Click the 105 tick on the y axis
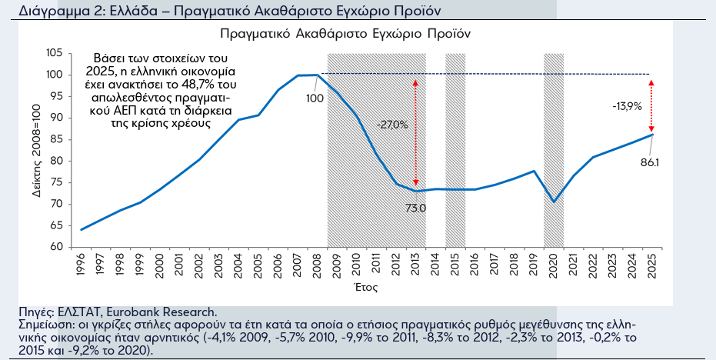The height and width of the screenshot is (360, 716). coord(54,53)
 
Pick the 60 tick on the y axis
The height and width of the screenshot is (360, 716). coord(56,247)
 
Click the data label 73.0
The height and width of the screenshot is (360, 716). coord(416,208)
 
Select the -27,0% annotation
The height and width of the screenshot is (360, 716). coord(392,125)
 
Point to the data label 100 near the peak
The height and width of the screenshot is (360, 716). coord(315,98)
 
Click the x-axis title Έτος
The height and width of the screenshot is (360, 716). coord(365,287)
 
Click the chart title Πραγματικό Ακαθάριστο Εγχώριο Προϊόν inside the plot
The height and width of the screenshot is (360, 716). coord(345,35)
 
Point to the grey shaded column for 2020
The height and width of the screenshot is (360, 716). coord(554,150)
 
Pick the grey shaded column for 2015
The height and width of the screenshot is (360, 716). coord(455,150)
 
